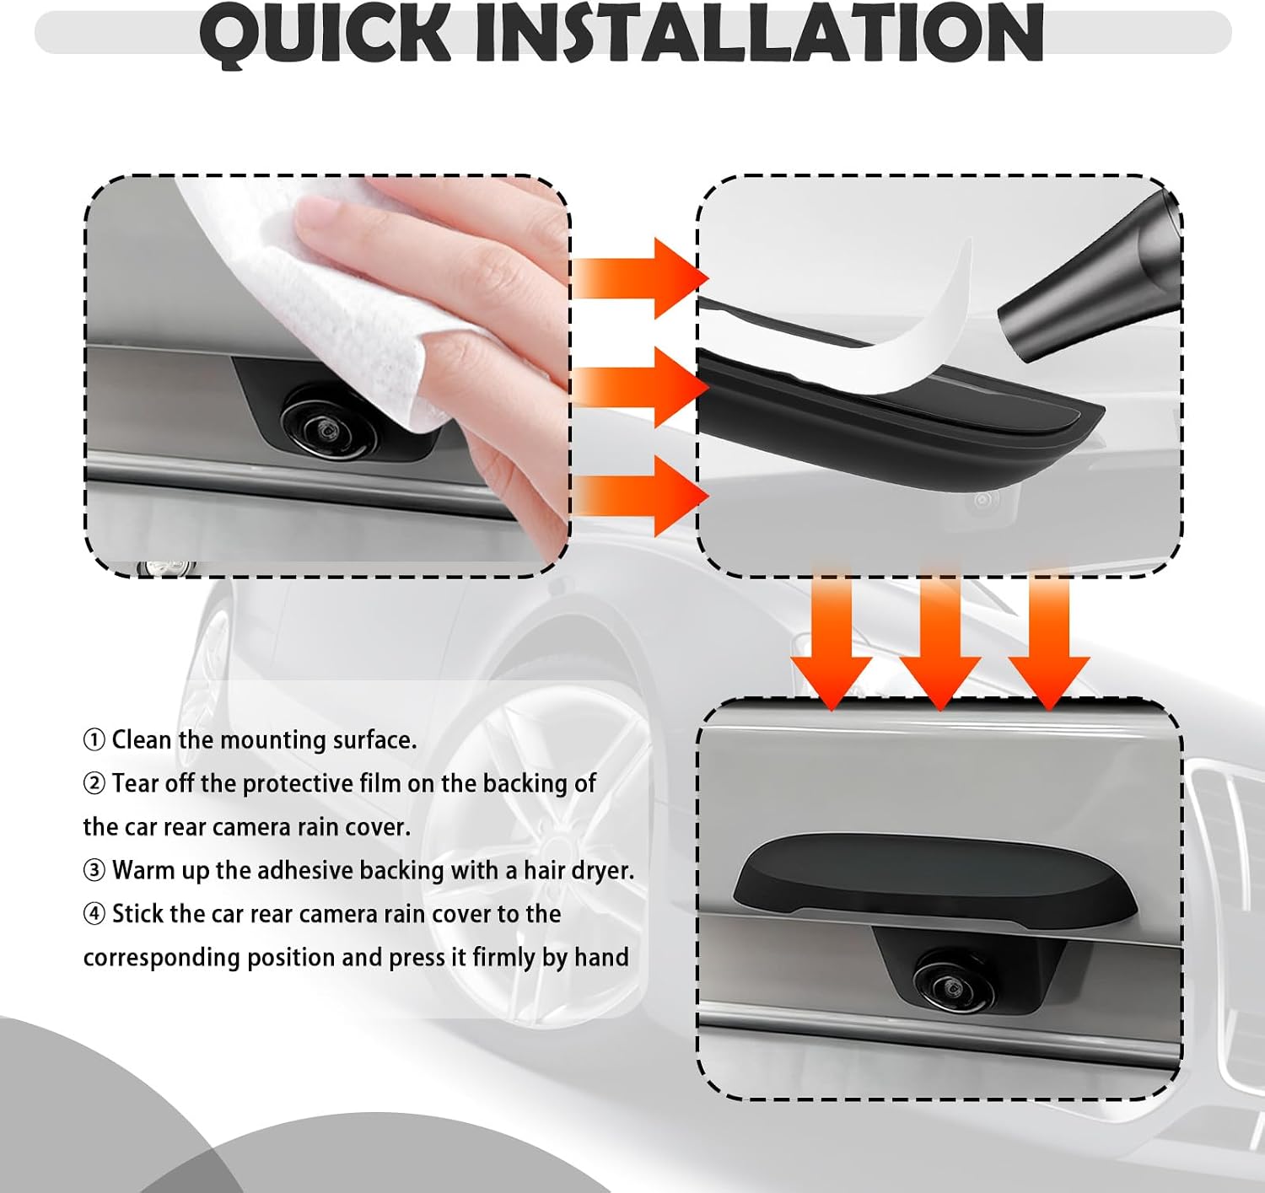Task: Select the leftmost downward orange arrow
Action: pos(832,637)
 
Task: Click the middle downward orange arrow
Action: pos(940,637)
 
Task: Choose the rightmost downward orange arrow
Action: pos(1048,637)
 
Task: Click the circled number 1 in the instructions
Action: pos(94,740)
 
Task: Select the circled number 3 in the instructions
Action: pos(94,871)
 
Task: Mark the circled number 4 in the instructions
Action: pos(94,914)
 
